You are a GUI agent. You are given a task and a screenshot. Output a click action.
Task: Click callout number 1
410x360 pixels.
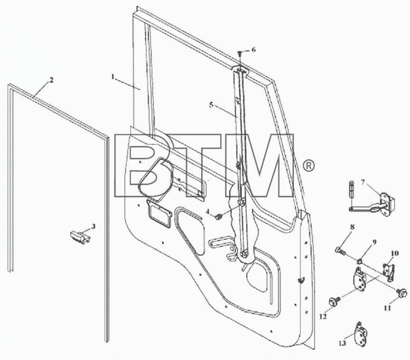(x=113, y=77)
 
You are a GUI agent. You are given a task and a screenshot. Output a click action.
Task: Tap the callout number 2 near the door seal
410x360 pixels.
(x=51, y=80)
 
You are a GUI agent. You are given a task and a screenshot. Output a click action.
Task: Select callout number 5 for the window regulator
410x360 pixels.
(x=211, y=105)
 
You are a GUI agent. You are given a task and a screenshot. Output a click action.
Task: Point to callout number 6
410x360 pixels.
(x=254, y=49)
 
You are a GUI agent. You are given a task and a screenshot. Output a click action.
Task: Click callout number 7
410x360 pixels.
(x=363, y=182)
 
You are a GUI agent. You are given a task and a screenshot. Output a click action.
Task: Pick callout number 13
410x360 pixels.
(x=342, y=343)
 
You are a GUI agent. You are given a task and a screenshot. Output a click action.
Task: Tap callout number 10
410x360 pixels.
(x=395, y=253)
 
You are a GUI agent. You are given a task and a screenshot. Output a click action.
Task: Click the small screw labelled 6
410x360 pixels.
(x=239, y=54)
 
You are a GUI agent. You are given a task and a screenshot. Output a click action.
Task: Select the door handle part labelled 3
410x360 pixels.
(x=80, y=237)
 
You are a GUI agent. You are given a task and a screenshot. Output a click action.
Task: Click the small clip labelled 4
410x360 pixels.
(x=219, y=216)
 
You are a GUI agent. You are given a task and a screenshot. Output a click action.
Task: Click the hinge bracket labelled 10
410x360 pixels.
(x=389, y=272)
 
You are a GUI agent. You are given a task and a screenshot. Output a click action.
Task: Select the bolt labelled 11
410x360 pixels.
(x=401, y=292)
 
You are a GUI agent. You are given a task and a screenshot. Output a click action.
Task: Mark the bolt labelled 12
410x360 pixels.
(x=334, y=301)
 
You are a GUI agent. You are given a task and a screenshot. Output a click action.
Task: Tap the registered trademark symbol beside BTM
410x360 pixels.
(x=309, y=166)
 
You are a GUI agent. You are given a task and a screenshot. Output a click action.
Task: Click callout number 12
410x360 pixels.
(x=323, y=317)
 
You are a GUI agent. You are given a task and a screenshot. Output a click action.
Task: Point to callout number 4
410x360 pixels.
(x=207, y=212)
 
